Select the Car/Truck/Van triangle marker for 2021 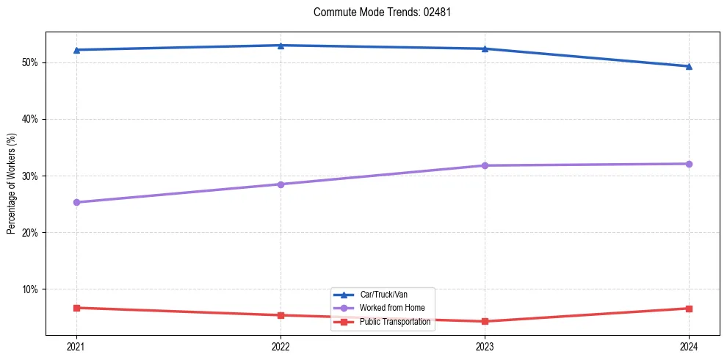tap(76, 50)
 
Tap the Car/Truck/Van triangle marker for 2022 tap(281, 46)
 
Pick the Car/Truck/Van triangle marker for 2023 tap(485, 48)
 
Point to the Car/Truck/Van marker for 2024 tap(689, 66)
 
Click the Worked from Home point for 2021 tap(76, 202)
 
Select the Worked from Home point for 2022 tap(281, 184)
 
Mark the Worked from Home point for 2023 tap(485, 165)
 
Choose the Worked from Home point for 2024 tap(689, 164)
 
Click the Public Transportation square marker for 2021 tap(76, 308)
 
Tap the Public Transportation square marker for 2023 tap(485, 321)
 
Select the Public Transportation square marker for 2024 tap(689, 309)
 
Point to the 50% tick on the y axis tap(31, 62)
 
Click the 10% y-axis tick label tap(31, 289)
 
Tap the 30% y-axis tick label tap(31, 176)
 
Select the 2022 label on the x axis tap(281, 346)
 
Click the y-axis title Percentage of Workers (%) tap(12, 184)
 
